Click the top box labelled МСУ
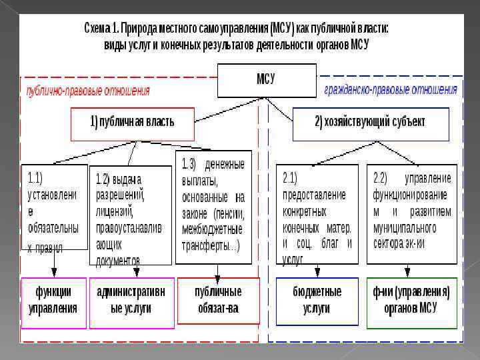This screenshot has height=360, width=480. click(x=266, y=80)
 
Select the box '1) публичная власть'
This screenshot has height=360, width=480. click(x=132, y=123)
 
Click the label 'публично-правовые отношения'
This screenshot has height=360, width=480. click(x=88, y=91)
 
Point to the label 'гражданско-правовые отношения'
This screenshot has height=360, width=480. click(x=391, y=90)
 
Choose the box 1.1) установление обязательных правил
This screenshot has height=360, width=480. click(x=55, y=207)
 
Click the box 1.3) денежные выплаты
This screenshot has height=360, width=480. click(x=214, y=203)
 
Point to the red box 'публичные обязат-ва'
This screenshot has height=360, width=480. click(x=218, y=300)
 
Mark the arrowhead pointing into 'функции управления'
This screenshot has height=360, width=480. click(x=54, y=273)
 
